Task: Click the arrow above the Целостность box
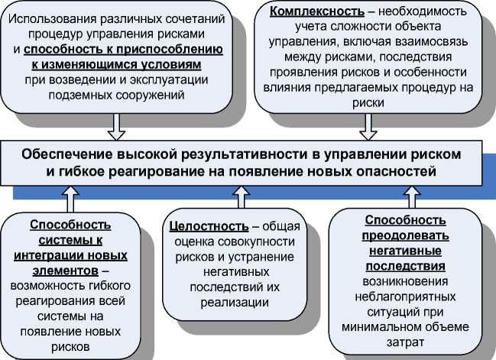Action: click(x=241, y=199)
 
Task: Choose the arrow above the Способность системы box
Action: click(x=70, y=199)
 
